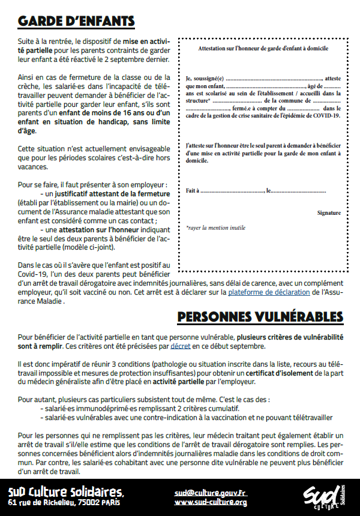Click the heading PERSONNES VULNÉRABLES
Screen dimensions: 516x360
pyautogui.click(x=260, y=316)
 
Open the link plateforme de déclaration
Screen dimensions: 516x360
pyautogui.click(x=269, y=292)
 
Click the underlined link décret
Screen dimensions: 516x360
pyautogui.click(x=181, y=347)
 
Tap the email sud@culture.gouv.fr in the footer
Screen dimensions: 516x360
pyautogui.click(x=211, y=493)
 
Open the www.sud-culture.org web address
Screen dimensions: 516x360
pyautogui.click(x=211, y=502)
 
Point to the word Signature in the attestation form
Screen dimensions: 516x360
pyautogui.click(x=329, y=213)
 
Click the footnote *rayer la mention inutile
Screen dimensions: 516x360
pyautogui.click(x=215, y=228)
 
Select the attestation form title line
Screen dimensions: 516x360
pyautogui.click(x=263, y=48)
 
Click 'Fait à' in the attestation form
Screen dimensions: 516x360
pyautogui.click(x=193, y=190)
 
